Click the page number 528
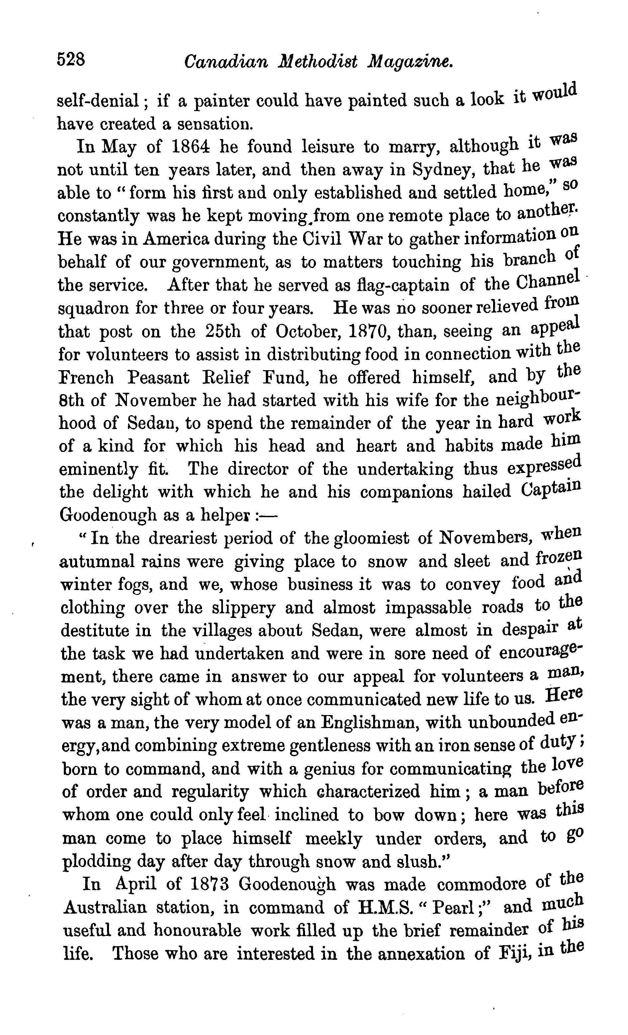pos(71,59)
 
